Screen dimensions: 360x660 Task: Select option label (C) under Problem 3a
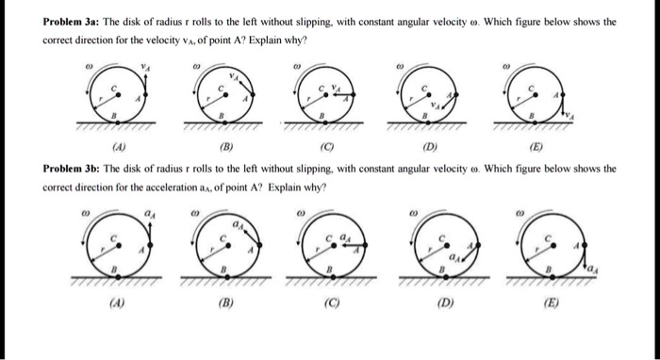(x=323, y=147)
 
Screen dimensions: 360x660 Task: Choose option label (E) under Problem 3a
(x=533, y=147)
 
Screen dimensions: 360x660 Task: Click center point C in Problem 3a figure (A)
(x=117, y=90)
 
